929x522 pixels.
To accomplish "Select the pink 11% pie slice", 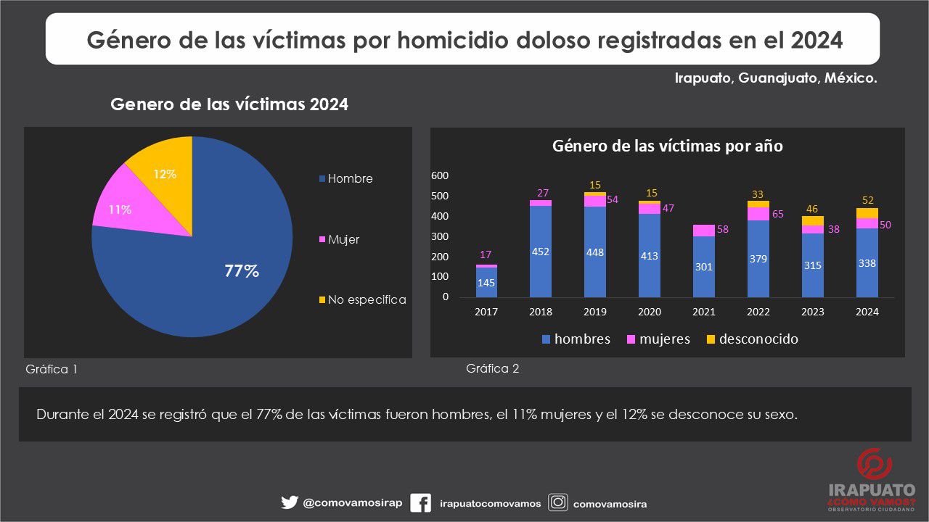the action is (x=124, y=207).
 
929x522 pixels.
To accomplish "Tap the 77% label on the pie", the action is (x=242, y=271).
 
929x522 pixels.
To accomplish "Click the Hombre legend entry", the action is (x=346, y=178).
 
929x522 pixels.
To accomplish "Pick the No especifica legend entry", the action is (x=362, y=299).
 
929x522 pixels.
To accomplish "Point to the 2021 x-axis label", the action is (x=704, y=312).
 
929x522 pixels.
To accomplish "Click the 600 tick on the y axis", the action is (x=440, y=175).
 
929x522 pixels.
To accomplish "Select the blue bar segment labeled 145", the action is (x=486, y=283).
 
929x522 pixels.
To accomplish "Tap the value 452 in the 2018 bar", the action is (x=541, y=252).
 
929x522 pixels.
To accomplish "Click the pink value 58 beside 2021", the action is (x=722, y=229).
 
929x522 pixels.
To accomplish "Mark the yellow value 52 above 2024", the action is (x=867, y=201).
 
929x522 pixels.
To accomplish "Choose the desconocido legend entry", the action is (x=753, y=339).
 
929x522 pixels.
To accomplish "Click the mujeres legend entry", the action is (x=658, y=339).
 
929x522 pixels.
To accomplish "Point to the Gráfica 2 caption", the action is (x=492, y=368).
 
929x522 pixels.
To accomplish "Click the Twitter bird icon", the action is (x=290, y=502).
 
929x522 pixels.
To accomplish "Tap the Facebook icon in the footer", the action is (x=420, y=503).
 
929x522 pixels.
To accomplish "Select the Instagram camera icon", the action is (x=558, y=502).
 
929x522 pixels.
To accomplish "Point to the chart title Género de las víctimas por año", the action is (x=668, y=146).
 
